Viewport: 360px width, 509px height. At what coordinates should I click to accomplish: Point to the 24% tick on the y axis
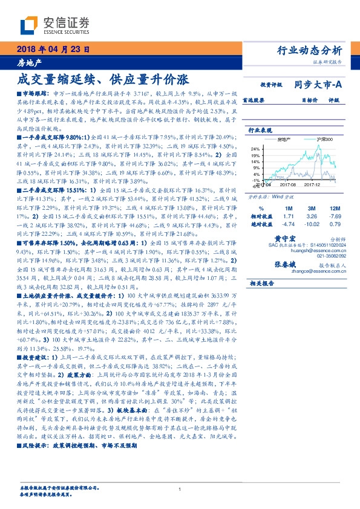(255, 149)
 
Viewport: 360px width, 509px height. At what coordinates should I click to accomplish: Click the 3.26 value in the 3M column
(312, 216)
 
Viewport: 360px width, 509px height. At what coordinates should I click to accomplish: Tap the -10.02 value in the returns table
(312, 224)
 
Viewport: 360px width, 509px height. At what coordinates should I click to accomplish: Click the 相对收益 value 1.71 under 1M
(288, 216)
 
